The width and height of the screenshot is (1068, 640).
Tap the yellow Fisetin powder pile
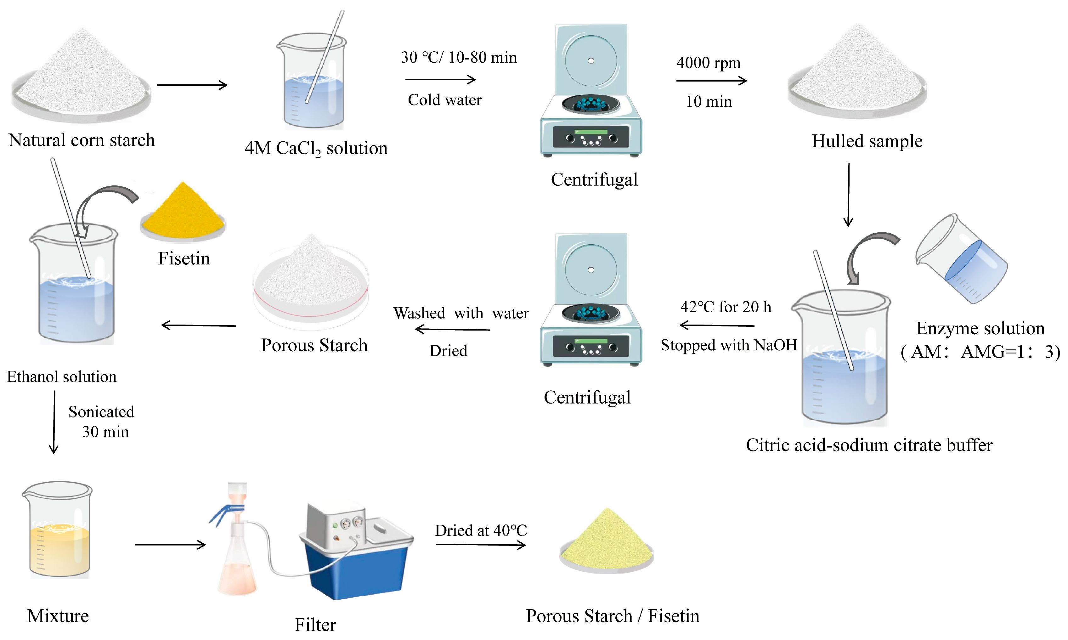[x=183, y=211]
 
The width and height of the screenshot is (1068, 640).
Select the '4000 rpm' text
[x=709, y=63]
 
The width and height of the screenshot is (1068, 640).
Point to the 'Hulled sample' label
[x=867, y=141]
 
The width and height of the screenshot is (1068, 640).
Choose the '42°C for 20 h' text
[x=726, y=307]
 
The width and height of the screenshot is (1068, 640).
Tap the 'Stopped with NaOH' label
[x=729, y=345]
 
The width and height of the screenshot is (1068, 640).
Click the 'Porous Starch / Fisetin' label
[x=612, y=616]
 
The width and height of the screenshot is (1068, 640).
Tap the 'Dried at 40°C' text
[x=481, y=530]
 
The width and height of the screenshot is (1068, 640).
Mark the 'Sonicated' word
[x=101, y=412]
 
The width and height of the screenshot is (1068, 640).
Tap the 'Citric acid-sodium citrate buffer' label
[x=869, y=445]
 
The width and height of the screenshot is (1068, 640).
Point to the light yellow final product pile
[x=607, y=539]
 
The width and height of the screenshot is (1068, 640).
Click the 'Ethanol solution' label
[x=62, y=377]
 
